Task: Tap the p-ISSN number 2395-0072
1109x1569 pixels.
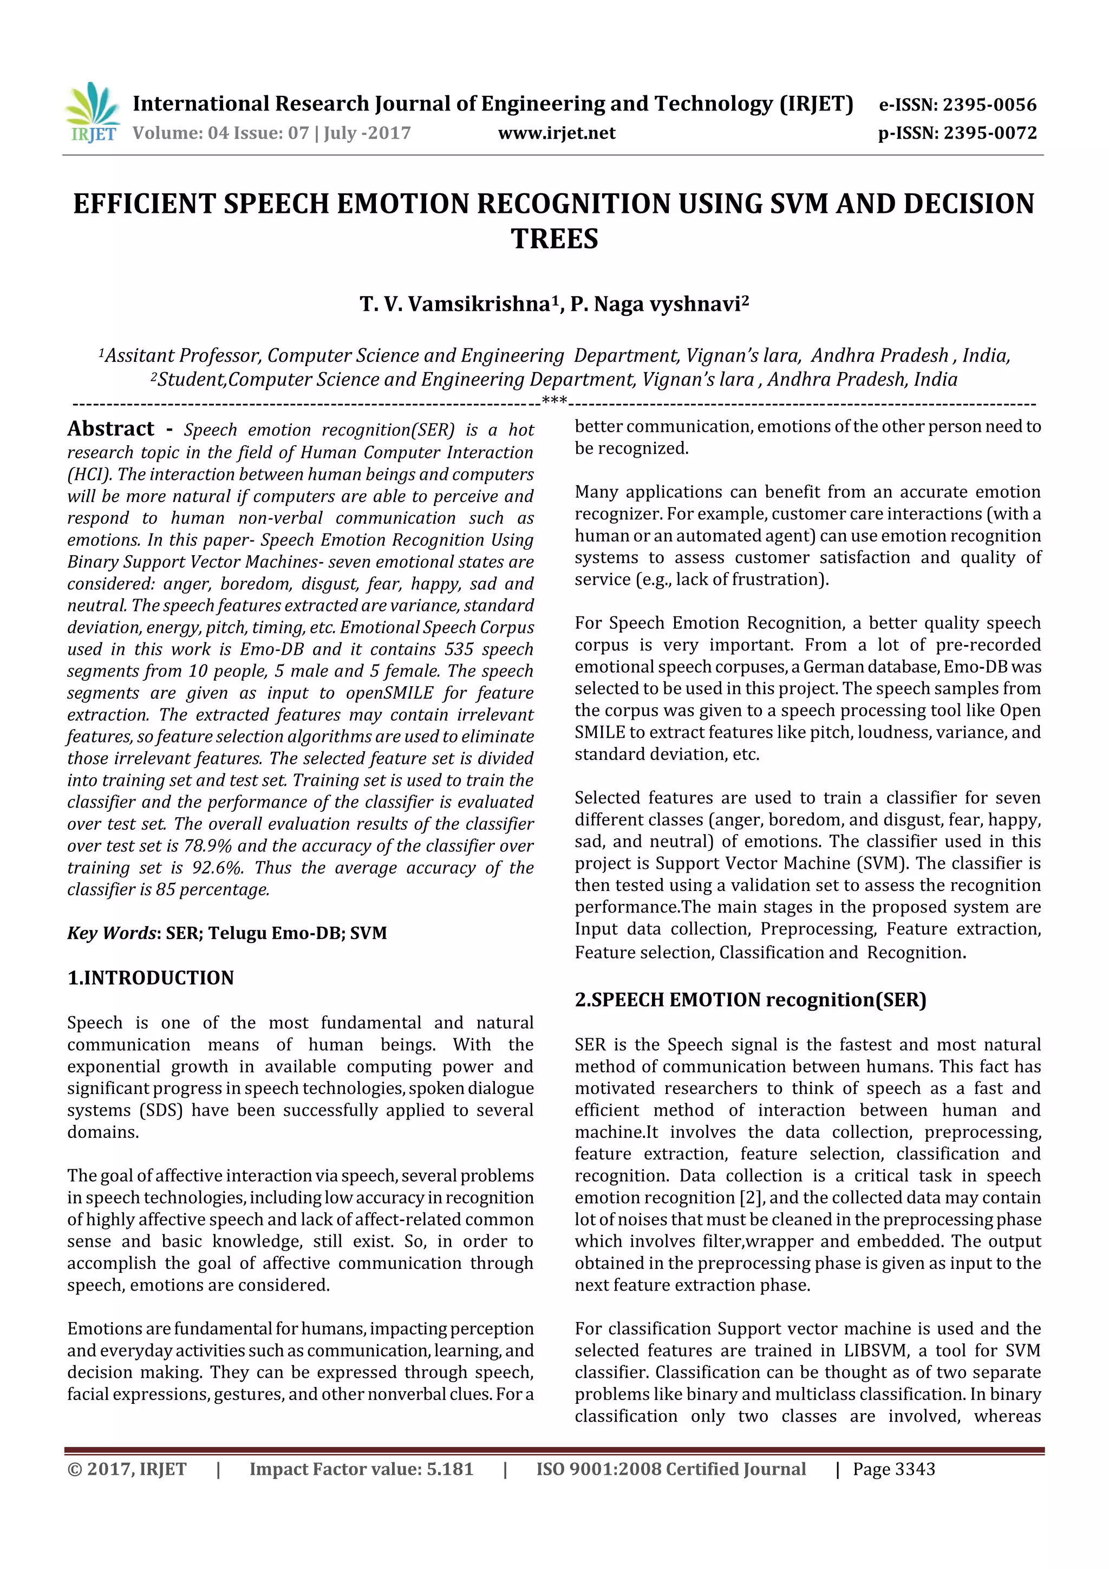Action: click(989, 133)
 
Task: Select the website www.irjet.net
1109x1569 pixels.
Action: click(556, 133)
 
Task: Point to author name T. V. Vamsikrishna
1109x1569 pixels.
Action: click(455, 304)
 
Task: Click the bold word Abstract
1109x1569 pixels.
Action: click(110, 429)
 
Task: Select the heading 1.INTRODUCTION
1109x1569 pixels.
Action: click(151, 978)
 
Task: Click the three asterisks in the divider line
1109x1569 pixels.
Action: click(554, 400)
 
